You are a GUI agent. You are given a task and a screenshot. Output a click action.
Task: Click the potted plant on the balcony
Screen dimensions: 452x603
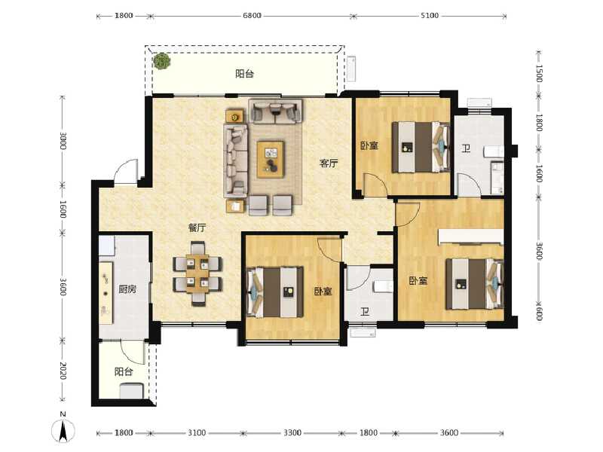(x=161, y=62)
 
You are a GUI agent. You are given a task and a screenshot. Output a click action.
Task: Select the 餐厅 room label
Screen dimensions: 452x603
(x=197, y=228)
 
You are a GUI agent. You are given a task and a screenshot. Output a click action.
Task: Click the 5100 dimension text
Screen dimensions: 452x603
(x=430, y=15)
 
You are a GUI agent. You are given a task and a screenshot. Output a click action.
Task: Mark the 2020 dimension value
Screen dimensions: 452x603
(x=64, y=372)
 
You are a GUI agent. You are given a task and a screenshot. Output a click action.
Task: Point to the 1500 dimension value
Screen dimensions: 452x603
(x=539, y=74)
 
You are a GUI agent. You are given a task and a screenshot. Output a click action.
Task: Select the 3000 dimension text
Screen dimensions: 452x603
(x=64, y=142)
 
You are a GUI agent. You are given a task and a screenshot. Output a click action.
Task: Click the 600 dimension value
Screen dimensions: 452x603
(x=539, y=310)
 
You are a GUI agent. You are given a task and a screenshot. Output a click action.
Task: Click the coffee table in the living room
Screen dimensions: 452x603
(x=270, y=158)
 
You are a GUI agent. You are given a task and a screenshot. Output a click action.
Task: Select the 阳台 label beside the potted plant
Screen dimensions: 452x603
(x=243, y=74)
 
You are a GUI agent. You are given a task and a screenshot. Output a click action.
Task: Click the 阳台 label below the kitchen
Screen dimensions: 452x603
(x=124, y=372)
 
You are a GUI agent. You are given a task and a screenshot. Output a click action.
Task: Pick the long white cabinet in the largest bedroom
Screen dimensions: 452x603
(x=470, y=237)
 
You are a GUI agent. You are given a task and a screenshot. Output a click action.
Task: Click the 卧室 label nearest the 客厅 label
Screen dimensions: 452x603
(x=369, y=146)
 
